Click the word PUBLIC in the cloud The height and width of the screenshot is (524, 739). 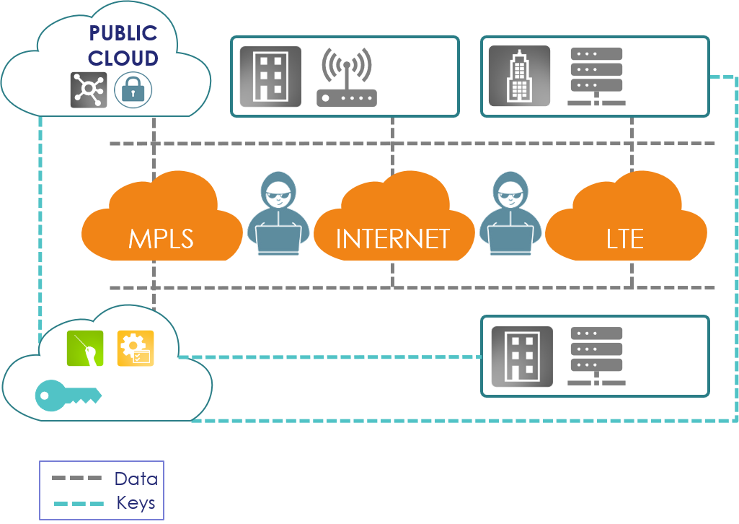point(123,33)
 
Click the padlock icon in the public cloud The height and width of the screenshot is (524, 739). point(133,89)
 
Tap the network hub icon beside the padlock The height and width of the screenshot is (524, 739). point(89,90)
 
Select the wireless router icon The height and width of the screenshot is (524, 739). point(347,78)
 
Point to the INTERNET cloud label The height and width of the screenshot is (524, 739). point(392,238)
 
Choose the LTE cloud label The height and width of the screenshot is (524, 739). point(625,238)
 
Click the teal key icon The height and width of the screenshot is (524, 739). point(68,395)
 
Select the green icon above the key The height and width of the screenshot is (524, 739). point(85,348)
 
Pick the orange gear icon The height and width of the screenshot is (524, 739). point(136,348)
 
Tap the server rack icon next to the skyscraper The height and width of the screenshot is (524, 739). point(596,77)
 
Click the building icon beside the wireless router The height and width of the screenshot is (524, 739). point(270,77)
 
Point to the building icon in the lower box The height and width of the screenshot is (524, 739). point(522,356)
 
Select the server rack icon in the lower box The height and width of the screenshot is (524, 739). point(596,356)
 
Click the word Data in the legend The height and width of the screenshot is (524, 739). point(136,479)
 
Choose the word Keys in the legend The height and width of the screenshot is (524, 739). point(136,503)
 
